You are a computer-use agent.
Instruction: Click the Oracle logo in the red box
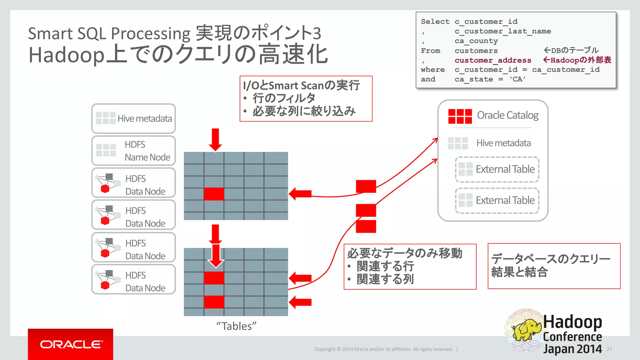(x=71, y=344)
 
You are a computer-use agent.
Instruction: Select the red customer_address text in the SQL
(x=493, y=60)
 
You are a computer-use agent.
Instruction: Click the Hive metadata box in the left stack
(x=133, y=118)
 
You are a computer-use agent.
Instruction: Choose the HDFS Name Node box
(x=133, y=151)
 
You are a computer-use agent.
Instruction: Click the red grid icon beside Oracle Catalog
(x=460, y=116)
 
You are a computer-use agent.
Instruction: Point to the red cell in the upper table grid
(x=214, y=194)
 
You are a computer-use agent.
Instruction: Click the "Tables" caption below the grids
(x=236, y=326)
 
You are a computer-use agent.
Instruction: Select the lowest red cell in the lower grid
(x=214, y=302)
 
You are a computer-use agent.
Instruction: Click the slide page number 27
(x=609, y=349)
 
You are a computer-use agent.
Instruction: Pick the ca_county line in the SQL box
(x=476, y=41)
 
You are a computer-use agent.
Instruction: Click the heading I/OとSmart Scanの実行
(x=301, y=85)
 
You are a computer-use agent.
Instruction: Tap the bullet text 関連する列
(x=385, y=279)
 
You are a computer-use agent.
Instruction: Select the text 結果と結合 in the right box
(x=519, y=272)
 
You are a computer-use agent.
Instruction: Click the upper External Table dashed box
(x=497, y=169)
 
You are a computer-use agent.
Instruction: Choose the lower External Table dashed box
(x=497, y=200)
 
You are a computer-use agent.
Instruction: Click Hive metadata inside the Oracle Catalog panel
(x=503, y=143)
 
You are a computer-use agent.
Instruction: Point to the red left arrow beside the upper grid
(x=300, y=194)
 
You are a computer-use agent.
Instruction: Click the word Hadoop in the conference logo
(x=572, y=322)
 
